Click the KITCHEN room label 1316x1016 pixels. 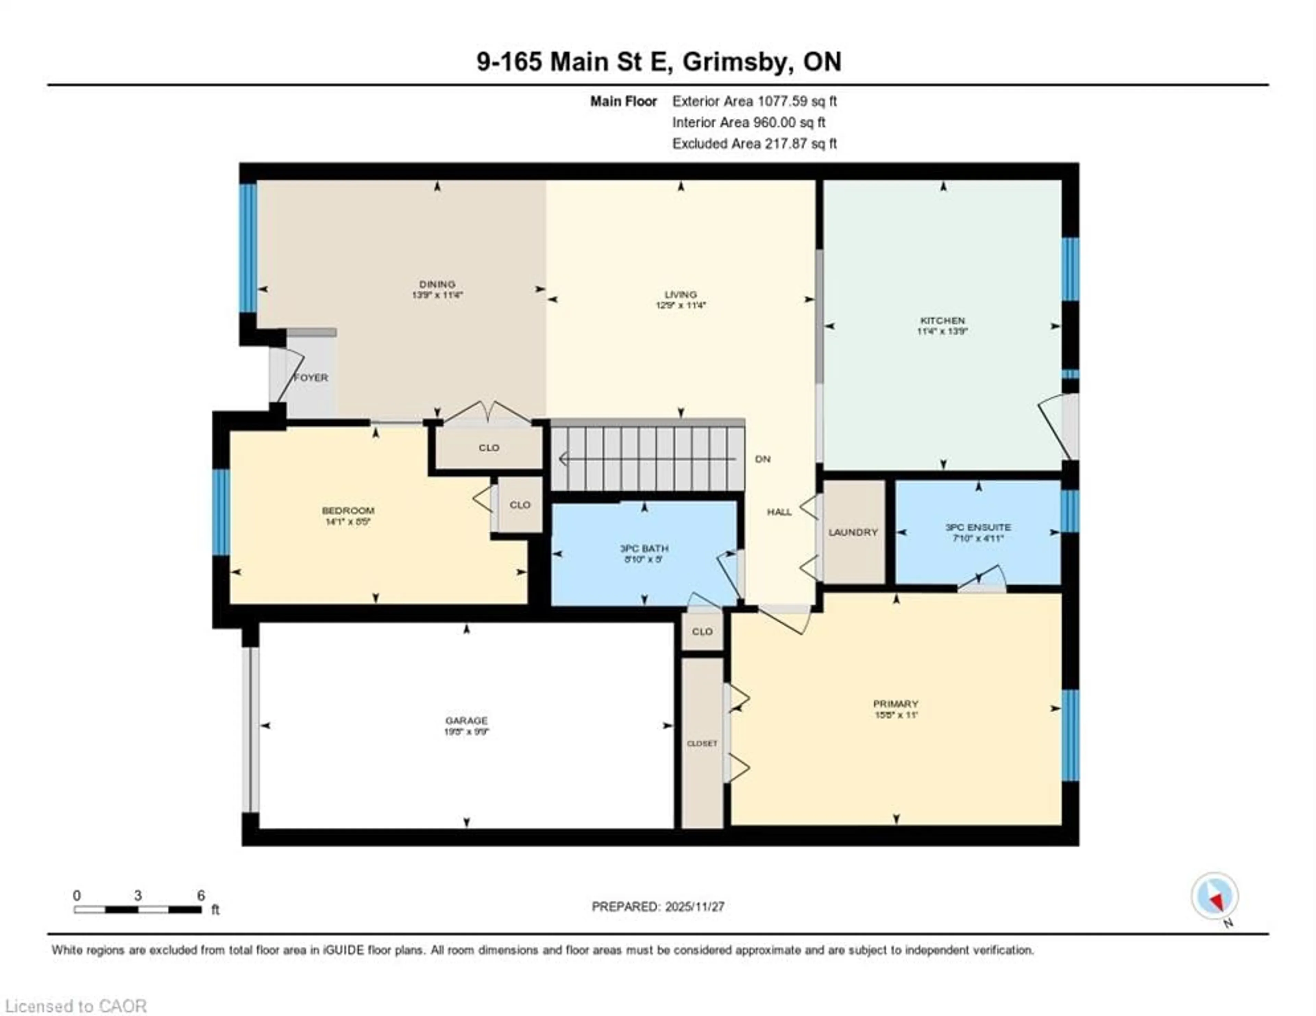tap(942, 321)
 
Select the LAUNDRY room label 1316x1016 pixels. tap(853, 532)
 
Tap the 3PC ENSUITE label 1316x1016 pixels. tap(978, 527)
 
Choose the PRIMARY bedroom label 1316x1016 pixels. tap(895, 703)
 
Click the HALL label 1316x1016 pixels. tap(779, 512)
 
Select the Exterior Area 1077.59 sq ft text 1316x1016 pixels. tap(754, 101)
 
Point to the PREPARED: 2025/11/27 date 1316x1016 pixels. tap(658, 906)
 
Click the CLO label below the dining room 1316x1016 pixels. tap(489, 448)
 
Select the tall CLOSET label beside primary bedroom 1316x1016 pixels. tap(702, 743)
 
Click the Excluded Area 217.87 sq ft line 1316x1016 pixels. tap(754, 143)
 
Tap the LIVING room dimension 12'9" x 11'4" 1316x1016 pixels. tap(680, 305)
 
